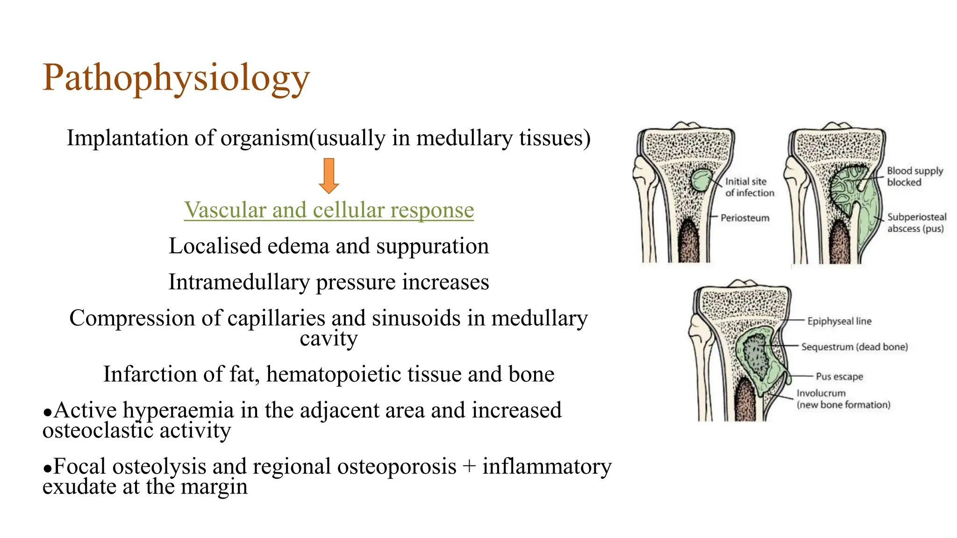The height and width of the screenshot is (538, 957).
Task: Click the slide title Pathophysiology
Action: coord(176,78)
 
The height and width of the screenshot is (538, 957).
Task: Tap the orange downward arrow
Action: coord(329,176)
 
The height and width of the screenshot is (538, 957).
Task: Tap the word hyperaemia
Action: coord(178,411)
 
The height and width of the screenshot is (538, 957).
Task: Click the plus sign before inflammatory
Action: coord(469,467)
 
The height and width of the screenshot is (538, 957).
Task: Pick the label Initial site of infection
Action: coord(749,187)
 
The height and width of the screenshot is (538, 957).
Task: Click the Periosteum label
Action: coord(744,218)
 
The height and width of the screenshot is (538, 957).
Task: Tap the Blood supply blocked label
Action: coord(914,177)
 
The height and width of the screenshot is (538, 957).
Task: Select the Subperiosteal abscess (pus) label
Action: coord(916,223)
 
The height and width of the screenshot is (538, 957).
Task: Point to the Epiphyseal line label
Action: coord(839,321)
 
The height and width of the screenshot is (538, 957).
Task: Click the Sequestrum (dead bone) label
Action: coord(854,347)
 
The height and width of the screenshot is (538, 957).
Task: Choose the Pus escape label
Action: coord(839,376)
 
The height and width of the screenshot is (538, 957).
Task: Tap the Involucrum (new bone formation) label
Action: coord(843,399)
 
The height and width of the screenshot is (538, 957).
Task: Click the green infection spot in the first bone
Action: coord(701,180)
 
